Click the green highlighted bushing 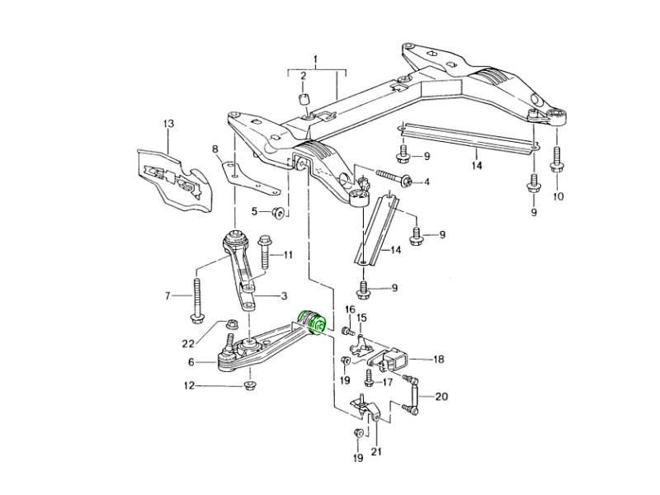[314, 322]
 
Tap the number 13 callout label [168, 124]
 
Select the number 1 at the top [314, 59]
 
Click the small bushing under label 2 [303, 101]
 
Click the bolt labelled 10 [558, 161]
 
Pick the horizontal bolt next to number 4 [393, 178]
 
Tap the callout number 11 [288, 255]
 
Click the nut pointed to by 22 [232, 324]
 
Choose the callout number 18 [438, 360]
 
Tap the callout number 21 [377, 450]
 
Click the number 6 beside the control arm [191, 362]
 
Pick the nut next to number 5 [279, 213]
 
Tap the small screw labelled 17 [368, 378]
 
